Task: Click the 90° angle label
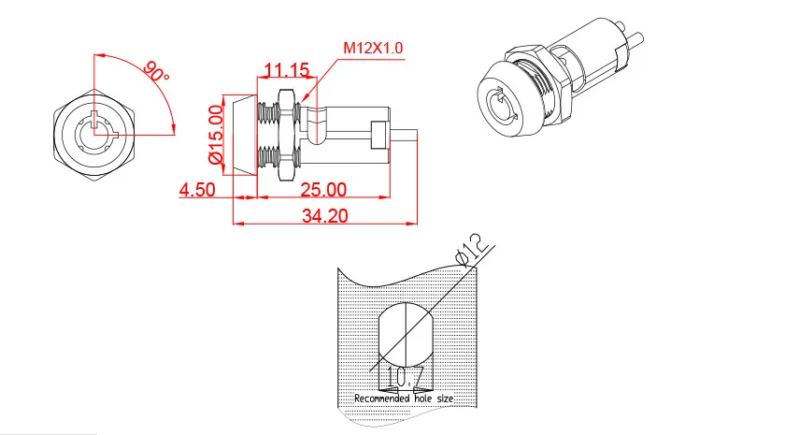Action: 156,72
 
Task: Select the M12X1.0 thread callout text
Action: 375,46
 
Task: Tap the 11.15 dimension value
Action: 286,70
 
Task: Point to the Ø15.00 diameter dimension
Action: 216,134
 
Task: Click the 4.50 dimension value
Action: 197,189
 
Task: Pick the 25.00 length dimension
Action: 323,189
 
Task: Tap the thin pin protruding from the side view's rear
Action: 407,135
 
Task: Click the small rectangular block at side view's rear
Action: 379,135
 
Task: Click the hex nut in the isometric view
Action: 542,70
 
